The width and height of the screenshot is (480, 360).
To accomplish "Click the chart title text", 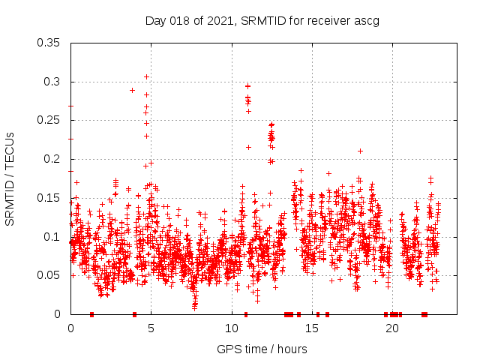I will point(262,20).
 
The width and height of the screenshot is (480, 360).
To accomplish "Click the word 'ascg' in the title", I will point(367,20).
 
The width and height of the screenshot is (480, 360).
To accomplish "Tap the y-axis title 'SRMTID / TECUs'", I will point(10,178).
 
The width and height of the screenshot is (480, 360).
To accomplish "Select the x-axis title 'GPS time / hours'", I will point(262,349).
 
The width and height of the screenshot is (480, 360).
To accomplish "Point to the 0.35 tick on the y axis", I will point(50,43).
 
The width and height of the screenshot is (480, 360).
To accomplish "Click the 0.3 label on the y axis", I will point(53,82).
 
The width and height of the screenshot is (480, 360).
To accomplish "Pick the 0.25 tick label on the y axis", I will point(50,120).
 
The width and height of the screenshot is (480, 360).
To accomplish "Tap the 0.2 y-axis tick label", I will point(53,159).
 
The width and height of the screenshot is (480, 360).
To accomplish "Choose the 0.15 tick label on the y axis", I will point(50,198).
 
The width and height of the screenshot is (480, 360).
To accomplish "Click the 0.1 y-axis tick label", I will point(53,236).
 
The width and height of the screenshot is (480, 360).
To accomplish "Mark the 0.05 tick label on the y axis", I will point(50,275).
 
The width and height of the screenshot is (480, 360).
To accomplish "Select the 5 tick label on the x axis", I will point(151,328).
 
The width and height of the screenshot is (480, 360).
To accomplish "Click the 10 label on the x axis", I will point(232,328).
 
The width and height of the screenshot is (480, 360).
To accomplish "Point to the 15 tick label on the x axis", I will point(312,328).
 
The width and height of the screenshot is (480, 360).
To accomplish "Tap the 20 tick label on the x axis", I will point(392,328).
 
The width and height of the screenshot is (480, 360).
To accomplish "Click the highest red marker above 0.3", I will point(147,76).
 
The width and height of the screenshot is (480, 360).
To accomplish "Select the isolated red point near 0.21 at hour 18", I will point(361,151).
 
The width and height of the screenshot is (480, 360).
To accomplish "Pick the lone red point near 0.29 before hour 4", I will point(133,90).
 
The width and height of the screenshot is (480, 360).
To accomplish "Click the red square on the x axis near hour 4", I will point(134,314).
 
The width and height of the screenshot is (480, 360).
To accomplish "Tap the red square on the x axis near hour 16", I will point(327,314).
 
